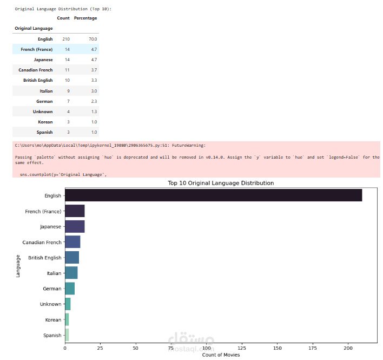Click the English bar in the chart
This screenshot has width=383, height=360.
pos(213,195)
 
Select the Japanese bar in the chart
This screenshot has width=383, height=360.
pos(75,226)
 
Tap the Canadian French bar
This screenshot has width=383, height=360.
pos(72,242)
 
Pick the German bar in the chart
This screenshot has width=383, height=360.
pos(70,289)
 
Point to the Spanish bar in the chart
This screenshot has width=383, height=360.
pos(67,335)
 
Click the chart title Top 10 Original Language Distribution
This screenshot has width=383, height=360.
pos(221,183)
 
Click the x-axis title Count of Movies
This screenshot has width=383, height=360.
pos(221,355)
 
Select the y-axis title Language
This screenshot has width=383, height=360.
pos(18,266)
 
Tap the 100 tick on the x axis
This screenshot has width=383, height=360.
pos(206,348)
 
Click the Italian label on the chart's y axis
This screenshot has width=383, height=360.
pos(54,273)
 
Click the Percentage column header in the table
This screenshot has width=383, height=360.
pos(85,18)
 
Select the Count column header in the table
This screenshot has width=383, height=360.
pos(63,18)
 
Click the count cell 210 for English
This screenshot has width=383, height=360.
pos(66,39)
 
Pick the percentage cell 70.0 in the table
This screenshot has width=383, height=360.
pos(93,39)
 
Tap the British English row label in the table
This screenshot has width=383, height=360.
pos(38,80)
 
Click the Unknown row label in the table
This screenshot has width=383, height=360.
pos(43,112)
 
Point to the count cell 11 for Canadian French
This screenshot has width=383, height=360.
pos(67,70)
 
